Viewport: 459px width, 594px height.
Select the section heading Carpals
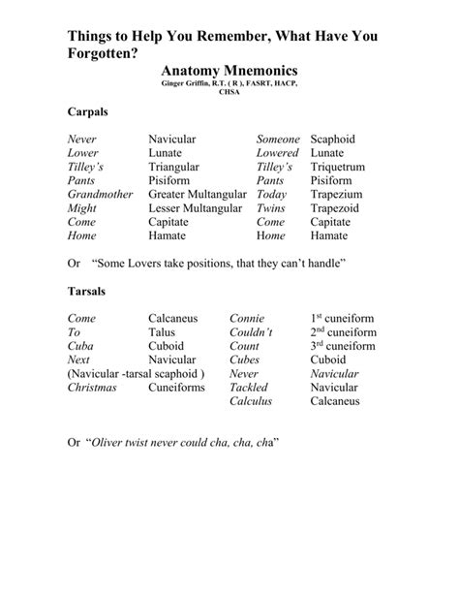pos(87,112)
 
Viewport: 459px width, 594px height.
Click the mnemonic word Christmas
pos(92,387)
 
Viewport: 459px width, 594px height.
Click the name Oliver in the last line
pos(109,442)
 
